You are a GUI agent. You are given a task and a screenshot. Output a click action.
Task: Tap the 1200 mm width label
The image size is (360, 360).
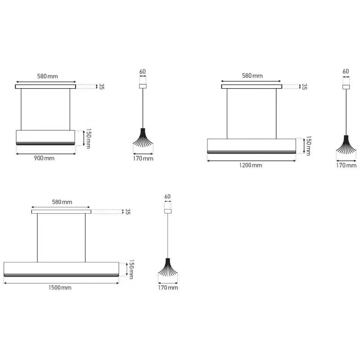point(251,165)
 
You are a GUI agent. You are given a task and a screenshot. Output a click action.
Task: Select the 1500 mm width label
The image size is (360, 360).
point(61,288)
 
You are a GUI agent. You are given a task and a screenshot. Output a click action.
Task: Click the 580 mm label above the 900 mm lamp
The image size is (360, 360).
point(47,76)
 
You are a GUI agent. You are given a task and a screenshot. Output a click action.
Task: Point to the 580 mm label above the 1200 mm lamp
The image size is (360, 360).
point(252,76)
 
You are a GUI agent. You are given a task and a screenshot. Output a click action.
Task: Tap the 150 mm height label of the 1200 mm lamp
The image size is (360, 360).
point(308,146)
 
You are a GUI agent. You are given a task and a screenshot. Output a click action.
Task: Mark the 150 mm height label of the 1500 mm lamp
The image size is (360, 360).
point(131,269)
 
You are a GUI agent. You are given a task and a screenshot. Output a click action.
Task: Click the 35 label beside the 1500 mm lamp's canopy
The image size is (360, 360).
point(127,211)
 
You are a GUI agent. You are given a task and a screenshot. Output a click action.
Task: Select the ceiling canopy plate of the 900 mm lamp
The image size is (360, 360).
point(45,86)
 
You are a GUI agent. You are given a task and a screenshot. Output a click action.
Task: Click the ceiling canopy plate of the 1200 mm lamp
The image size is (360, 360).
point(252,86)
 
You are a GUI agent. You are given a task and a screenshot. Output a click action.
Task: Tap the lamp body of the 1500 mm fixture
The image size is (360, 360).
point(61,269)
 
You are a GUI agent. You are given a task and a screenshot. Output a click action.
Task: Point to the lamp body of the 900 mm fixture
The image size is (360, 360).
point(45,137)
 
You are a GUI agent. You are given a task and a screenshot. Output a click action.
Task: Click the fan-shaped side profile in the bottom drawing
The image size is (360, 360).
point(168,270)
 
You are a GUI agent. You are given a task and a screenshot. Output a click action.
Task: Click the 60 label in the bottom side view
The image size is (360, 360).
point(168,197)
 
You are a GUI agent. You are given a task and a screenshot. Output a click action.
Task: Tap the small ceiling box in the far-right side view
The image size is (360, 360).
point(346,86)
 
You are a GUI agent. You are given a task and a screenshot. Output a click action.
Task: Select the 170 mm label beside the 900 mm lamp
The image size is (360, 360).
point(144,158)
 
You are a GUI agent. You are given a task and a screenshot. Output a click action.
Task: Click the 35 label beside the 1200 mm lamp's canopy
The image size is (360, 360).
point(304,86)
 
